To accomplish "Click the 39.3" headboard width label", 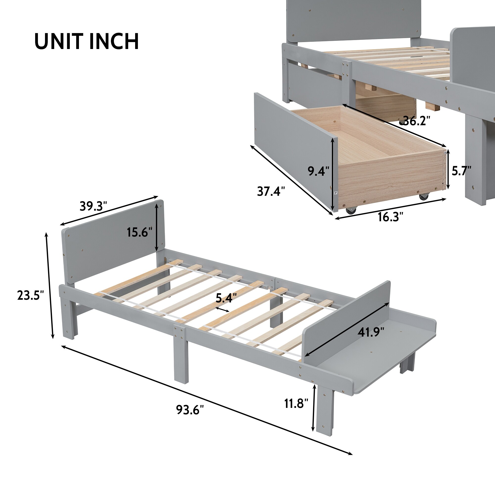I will tap(93, 206).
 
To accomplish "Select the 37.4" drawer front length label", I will tap(271, 191).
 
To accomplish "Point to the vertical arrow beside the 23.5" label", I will tap(50, 286).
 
